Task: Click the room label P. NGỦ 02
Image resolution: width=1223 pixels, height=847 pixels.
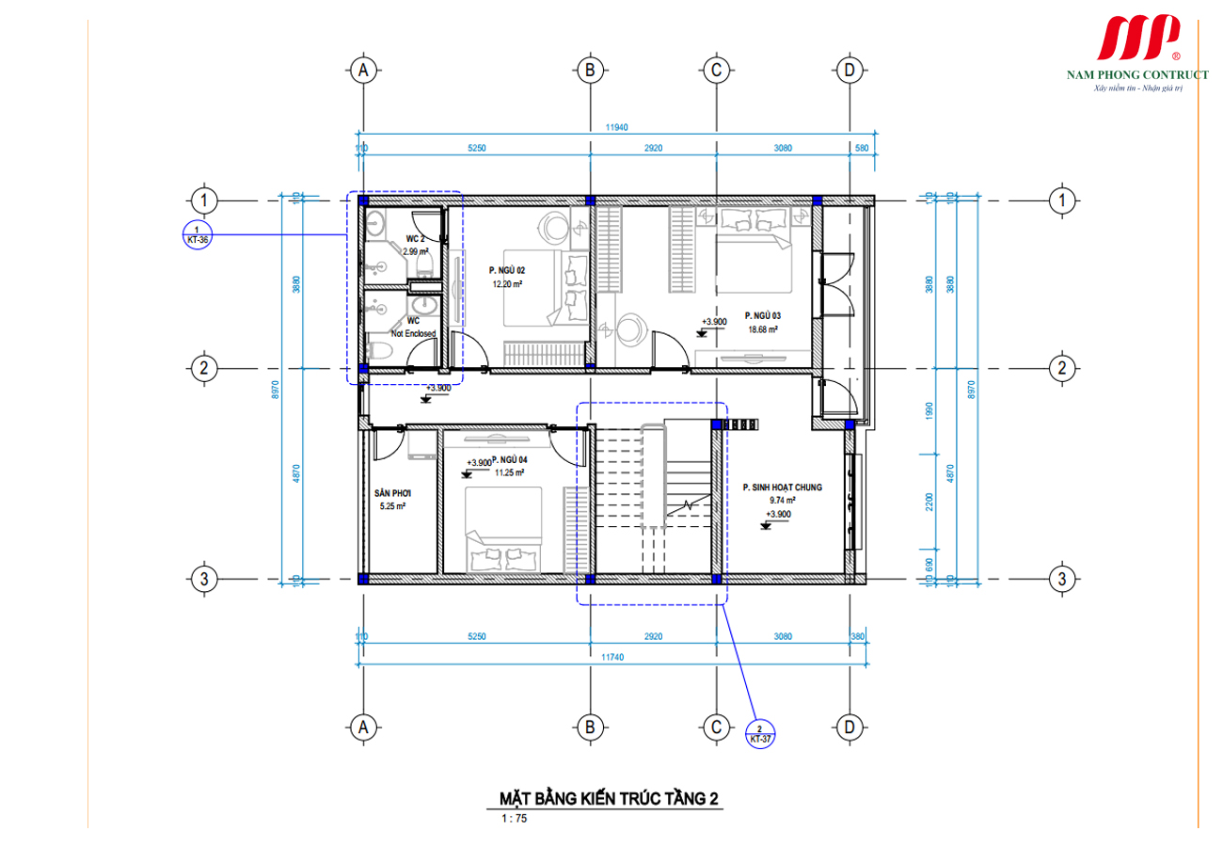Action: (506, 269)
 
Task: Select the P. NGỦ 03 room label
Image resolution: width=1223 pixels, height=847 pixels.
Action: (762, 316)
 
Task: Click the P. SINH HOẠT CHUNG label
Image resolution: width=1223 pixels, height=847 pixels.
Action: (782, 487)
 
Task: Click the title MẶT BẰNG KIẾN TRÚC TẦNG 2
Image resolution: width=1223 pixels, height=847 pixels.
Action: (610, 800)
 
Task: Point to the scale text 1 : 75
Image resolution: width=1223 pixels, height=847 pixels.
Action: (515, 819)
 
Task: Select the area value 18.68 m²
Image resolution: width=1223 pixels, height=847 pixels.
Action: (762, 329)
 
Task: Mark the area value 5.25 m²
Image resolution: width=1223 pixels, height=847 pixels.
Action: (391, 506)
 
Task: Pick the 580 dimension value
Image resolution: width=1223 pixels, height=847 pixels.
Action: (862, 148)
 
